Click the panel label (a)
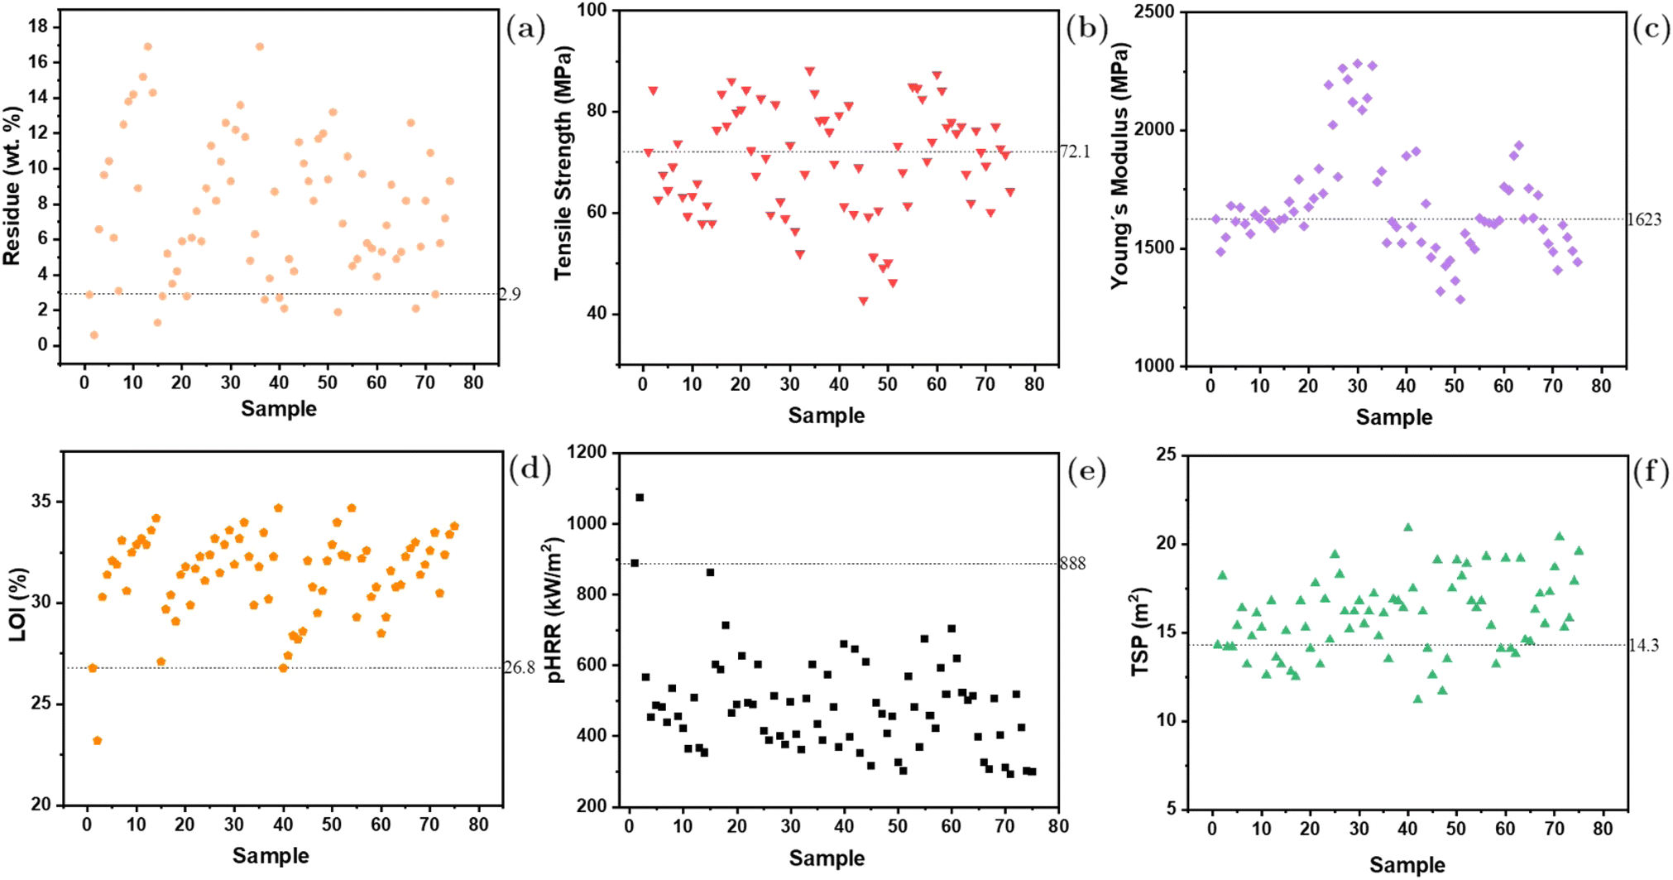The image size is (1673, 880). tap(526, 31)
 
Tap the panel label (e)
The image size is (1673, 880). tap(1086, 471)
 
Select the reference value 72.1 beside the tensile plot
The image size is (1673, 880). tap(1075, 151)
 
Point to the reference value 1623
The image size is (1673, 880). tap(1644, 219)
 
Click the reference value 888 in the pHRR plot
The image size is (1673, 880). tap(1073, 564)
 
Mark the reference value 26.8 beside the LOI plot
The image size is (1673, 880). tap(520, 667)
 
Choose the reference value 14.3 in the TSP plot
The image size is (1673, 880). tap(1643, 646)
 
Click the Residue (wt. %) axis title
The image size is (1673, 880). tap(12, 185)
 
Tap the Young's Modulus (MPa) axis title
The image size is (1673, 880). tap(1119, 166)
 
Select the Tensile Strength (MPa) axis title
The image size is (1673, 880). tap(563, 163)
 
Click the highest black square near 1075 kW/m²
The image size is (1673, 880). tap(640, 498)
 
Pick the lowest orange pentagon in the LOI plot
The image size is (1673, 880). tap(98, 740)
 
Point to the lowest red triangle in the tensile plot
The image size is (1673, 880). tap(863, 301)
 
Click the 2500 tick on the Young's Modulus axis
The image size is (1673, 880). tap(1156, 12)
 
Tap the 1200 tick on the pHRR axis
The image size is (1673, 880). tap(589, 452)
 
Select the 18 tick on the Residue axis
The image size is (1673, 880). tap(38, 26)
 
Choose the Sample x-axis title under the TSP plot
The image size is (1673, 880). tap(1407, 865)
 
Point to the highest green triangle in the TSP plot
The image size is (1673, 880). tap(1407, 527)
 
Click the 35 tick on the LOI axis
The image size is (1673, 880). tap(41, 501)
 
